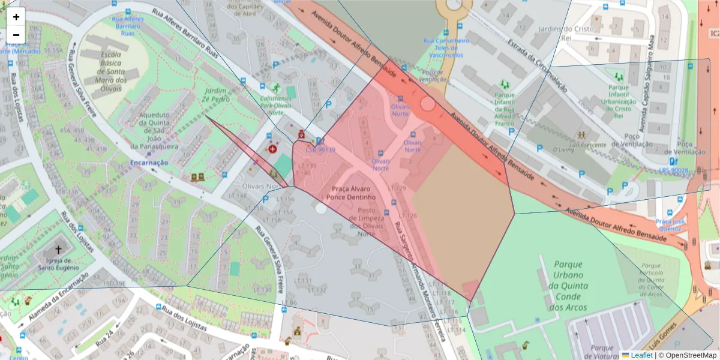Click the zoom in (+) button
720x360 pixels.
[16, 17]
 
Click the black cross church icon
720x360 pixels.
[58, 249]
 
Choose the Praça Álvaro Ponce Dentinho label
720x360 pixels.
[353, 193]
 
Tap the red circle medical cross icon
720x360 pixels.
[272, 148]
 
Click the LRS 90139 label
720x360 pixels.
[320, 149]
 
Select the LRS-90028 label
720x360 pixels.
[674, 170]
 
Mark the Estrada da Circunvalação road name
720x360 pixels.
[537, 65]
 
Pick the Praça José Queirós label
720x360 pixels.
[671, 224]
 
